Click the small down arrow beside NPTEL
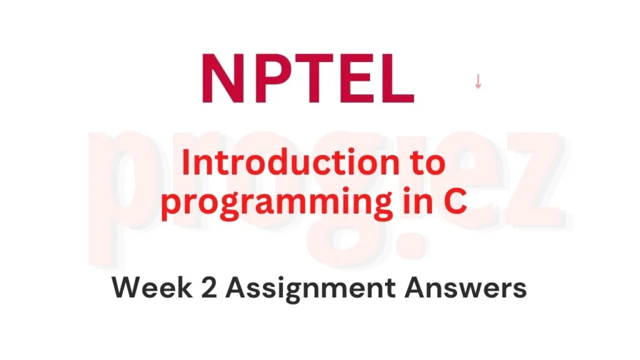[478, 82]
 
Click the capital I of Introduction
[185, 164]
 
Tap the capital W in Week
[127, 288]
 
